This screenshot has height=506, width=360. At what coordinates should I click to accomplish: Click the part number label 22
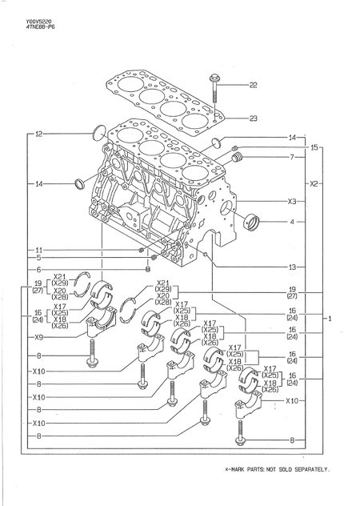click(x=253, y=85)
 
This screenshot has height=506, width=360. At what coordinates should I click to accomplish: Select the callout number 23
click(x=253, y=118)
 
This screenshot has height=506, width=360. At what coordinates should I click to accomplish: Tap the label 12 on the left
click(x=38, y=134)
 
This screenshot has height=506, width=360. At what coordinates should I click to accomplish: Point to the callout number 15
click(x=314, y=147)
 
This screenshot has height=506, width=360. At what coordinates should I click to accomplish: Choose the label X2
click(x=314, y=183)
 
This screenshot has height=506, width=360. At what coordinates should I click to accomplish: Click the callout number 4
click(x=292, y=221)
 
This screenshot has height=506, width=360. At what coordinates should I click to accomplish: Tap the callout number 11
click(x=38, y=251)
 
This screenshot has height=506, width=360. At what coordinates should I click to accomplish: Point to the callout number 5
click(x=38, y=259)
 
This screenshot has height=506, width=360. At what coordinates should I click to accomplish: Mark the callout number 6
click(x=38, y=270)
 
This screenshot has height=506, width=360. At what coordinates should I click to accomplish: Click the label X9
click(x=38, y=337)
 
